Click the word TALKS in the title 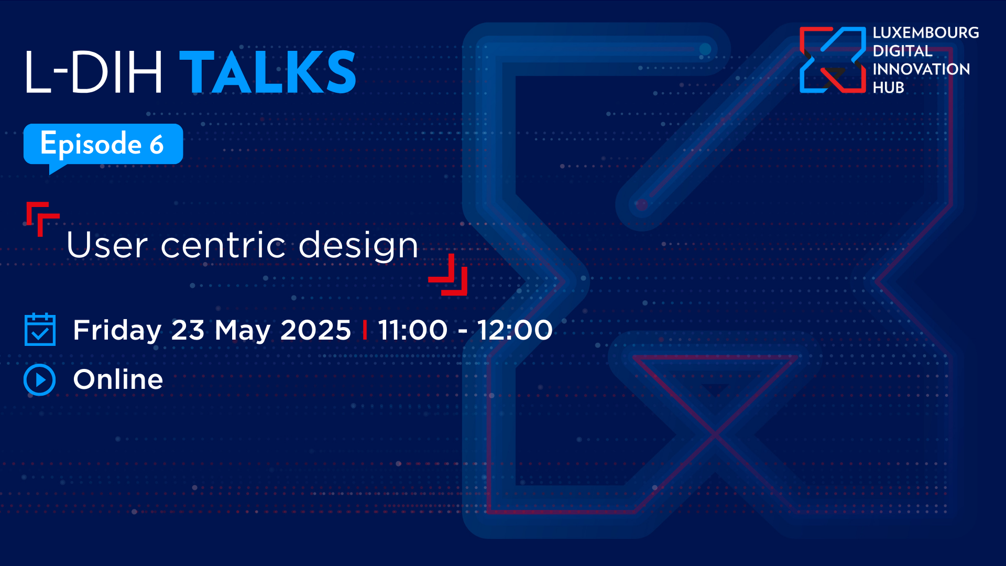click(268, 72)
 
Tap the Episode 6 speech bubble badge click(103, 147)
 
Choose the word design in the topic click(358, 245)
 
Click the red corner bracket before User click(42, 219)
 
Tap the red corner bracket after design click(448, 275)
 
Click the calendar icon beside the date click(40, 330)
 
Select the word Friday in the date click(117, 331)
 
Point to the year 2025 click(315, 330)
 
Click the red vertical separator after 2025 click(365, 330)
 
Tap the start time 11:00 click(412, 330)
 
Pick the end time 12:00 click(515, 330)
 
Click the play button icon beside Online click(40, 380)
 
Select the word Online click(118, 379)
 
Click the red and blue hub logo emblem click(833, 60)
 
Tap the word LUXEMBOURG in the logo click(926, 33)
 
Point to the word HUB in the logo click(888, 88)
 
